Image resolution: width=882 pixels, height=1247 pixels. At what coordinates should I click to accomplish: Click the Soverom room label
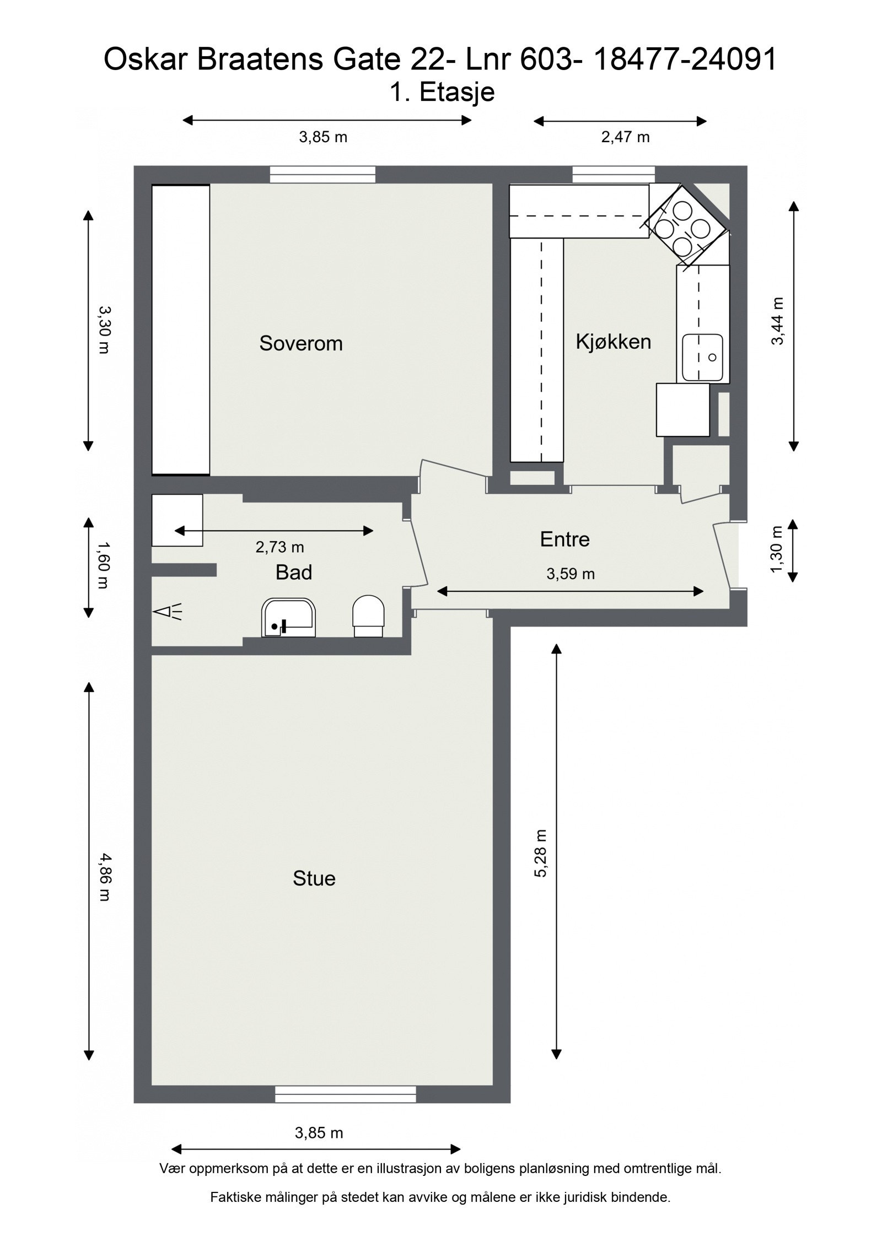[x=300, y=343]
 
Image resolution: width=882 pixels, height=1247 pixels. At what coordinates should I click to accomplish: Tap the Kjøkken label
[x=613, y=342]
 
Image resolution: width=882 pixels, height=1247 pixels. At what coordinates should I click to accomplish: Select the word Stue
[x=314, y=878]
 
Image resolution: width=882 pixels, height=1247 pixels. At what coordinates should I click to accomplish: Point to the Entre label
[x=564, y=539]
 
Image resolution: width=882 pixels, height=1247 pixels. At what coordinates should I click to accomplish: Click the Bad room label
[x=294, y=573]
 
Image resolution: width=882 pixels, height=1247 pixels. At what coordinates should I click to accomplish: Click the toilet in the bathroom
[x=368, y=616]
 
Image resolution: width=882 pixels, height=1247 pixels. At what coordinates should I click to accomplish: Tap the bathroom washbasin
[x=289, y=618]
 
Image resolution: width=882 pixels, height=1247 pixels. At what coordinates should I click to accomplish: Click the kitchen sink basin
[x=702, y=358]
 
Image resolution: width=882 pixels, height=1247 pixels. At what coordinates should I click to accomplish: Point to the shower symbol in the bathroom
[x=166, y=612]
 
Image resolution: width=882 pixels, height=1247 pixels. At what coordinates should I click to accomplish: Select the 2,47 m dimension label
[x=625, y=137]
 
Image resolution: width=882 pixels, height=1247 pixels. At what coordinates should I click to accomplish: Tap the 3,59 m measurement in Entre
[x=570, y=574]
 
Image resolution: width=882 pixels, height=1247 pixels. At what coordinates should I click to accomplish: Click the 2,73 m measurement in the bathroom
[x=279, y=547]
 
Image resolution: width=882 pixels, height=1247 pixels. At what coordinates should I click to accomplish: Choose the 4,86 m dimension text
[x=103, y=877]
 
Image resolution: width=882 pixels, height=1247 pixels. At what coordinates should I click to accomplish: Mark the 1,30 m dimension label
[x=777, y=549]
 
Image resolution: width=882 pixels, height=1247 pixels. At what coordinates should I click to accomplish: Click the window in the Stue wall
[x=345, y=1094]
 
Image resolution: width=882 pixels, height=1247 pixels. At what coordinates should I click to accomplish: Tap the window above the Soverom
[x=322, y=175]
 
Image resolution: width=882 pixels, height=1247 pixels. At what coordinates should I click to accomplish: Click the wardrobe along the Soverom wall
[x=181, y=330]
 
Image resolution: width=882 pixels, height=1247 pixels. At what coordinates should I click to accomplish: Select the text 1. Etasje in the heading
[x=442, y=92]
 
